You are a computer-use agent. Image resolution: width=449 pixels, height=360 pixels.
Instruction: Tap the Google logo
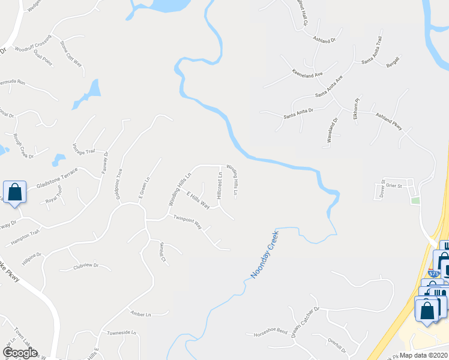click(20, 353)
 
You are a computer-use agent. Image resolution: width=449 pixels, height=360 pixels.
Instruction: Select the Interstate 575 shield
click(435, 273)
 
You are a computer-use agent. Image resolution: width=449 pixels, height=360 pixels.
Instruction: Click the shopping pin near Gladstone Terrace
click(15, 193)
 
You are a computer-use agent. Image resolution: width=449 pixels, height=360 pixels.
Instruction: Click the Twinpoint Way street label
click(188, 222)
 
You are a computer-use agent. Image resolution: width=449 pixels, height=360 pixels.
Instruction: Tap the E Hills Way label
click(197, 200)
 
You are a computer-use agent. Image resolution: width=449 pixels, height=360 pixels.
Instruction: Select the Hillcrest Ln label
click(220, 185)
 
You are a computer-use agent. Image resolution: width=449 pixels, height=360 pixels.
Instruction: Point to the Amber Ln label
click(140, 313)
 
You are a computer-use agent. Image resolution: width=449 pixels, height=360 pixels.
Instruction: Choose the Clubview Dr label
click(85, 265)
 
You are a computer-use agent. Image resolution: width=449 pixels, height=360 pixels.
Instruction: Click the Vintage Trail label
click(84, 152)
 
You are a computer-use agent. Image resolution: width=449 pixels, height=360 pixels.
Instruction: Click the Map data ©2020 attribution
click(424, 355)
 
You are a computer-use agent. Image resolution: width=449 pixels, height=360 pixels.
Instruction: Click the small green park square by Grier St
click(415, 200)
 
